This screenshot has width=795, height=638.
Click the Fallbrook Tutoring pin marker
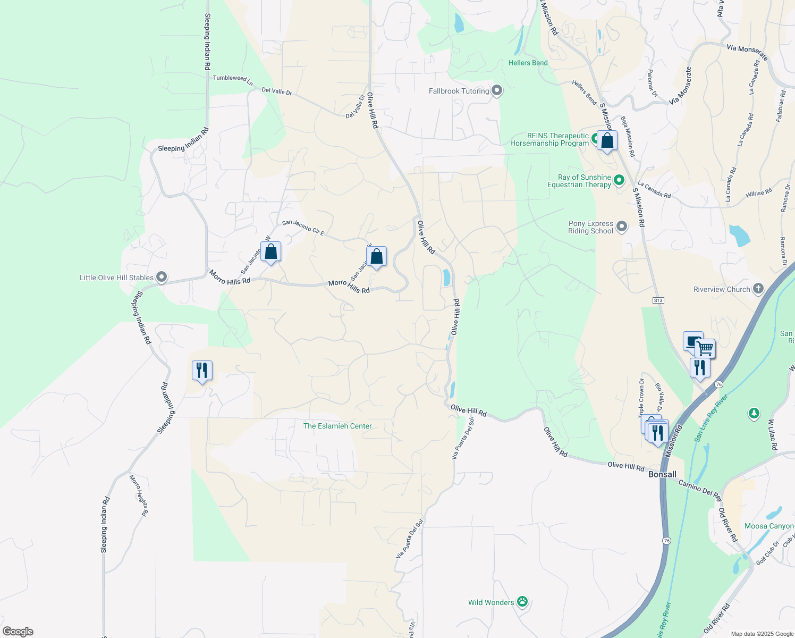(497, 91)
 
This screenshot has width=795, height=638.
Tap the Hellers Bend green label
(528, 63)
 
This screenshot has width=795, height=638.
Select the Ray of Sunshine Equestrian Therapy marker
(619, 181)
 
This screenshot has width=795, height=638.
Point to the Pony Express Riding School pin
(621, 227)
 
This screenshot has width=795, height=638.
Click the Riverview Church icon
(758, 289)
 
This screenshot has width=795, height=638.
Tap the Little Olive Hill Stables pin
(162, 277)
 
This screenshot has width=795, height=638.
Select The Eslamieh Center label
(337, 426)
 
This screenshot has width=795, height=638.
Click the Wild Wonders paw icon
(522, 602)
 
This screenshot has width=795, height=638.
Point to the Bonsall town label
(662, 474)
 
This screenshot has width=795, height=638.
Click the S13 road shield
(658, 300)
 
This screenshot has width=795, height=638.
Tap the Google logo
(18, 632)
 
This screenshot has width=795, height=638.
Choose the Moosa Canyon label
(768, 526)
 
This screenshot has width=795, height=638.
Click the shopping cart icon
(705, 349)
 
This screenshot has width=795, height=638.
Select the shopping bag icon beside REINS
(607, 141)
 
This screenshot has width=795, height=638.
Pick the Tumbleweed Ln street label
(233, 80)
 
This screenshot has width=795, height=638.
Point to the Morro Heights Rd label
(138, 496)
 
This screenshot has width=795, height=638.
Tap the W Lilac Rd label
(773, 434)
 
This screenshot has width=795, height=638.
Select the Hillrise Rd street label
(758, 193)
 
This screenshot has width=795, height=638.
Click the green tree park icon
(754, 413)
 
